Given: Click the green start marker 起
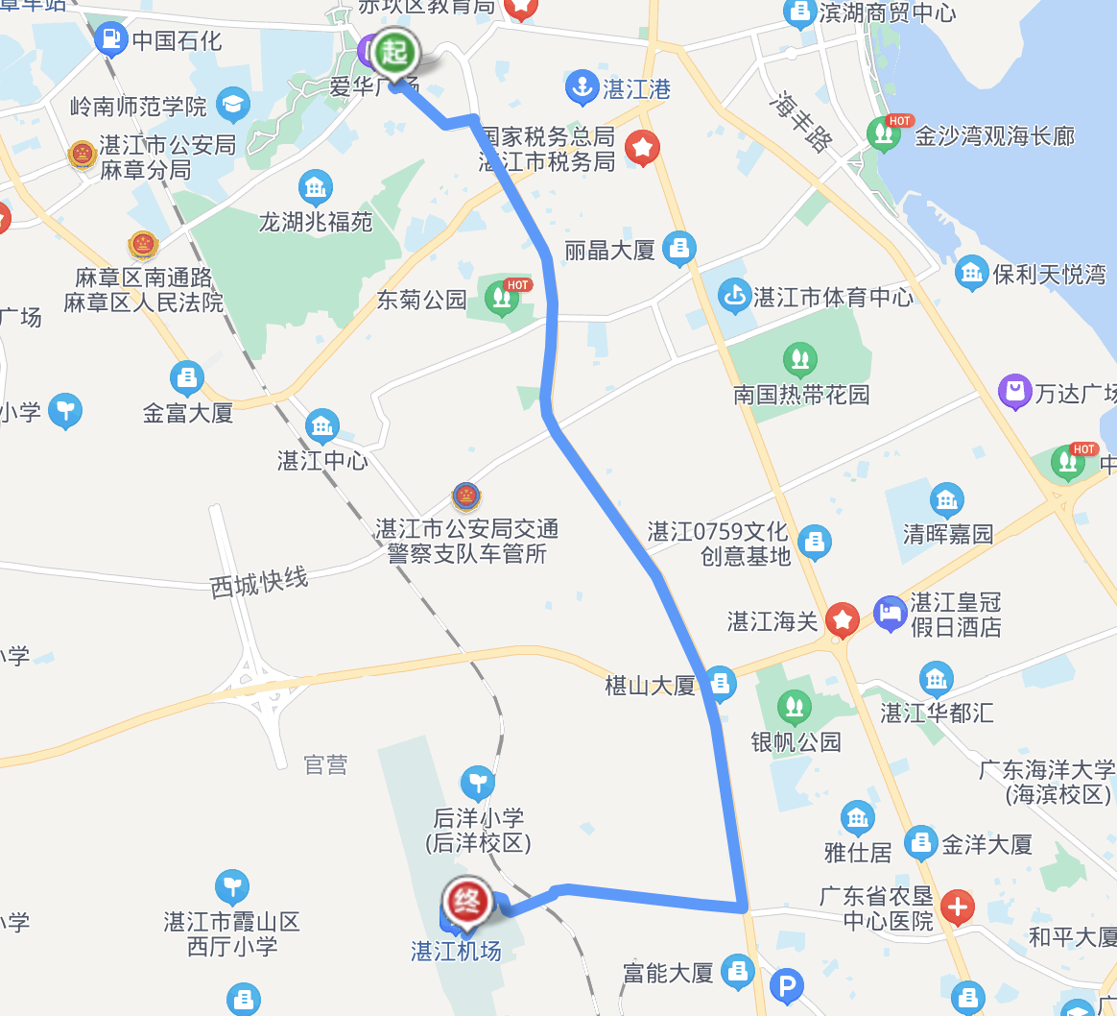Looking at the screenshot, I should pyautogui.click(x=394, y=51).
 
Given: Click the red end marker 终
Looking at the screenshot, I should pyautogui.click(x=466, y=901).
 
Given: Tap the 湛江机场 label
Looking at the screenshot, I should pyautogui.click(x=456, y=952).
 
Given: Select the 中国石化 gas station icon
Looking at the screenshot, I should pyautogui.click(x=112, y=39).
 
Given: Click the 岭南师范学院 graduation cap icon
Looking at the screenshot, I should pyautogui.click(x=232, y=104).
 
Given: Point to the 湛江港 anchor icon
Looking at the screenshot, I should pyautogui.click(x=581, y=88).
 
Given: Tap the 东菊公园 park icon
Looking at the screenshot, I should pyautogui.click(x=500, y=299).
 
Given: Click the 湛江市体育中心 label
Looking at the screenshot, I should pyautogui.click(x=833, y=298).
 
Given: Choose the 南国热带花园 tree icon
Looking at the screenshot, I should pyautogui.click(x=799, y=360).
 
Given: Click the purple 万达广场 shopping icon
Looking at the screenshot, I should pyautogui.click(x=1013, y=392).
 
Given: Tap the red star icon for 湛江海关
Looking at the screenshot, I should pyautogui.click(x=843, y=620).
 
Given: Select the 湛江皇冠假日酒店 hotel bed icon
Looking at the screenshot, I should pyautogui.click(x=891, y=614).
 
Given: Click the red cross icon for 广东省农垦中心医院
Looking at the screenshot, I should pyautogui.click(x=957, y=907).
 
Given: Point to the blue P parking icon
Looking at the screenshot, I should pyautogui.click(x=787, y=984).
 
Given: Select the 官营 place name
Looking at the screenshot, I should pyautogui.click(x=325, y=764).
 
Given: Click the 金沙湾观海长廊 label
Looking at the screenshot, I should pyautogui.click(x=994, y=136).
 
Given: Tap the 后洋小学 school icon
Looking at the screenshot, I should pyautogui.click(x=477, y=784).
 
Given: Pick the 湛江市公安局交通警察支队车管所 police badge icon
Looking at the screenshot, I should pyautogui.click(x=465, y=497).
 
